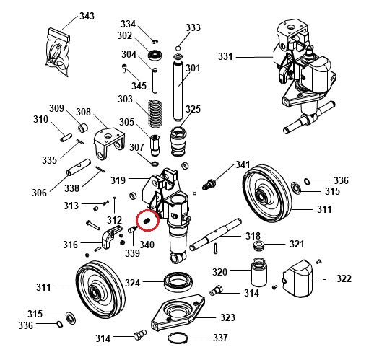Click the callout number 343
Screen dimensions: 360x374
pos(87,16)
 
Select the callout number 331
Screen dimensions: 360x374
pos(226,57)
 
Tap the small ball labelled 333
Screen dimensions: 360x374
pos(178,48)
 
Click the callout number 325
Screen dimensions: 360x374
pos(193,110)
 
